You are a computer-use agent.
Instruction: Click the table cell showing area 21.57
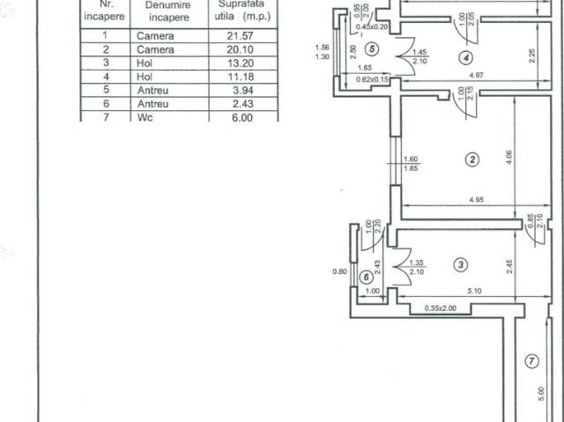tap(242, 36)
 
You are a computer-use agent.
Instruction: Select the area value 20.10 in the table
tap(242, 49)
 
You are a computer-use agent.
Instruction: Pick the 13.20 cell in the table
tap(242, 63)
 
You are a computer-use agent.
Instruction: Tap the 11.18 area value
tap(242, 77)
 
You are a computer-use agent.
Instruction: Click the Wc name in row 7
tap(145, 116)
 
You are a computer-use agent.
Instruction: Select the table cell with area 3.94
tap(242, 90)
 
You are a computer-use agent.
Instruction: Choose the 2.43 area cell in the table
tap(242, 103)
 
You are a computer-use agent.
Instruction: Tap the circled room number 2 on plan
tap(472, 159)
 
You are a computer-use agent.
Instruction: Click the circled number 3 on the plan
tap(461, 263)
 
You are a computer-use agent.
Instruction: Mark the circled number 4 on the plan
tap(466, 58)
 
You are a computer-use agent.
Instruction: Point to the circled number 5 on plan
tap(373, 49)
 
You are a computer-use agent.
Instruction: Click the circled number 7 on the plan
tap(531, 360)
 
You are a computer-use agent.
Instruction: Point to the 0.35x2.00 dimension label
tap(438, 308)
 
